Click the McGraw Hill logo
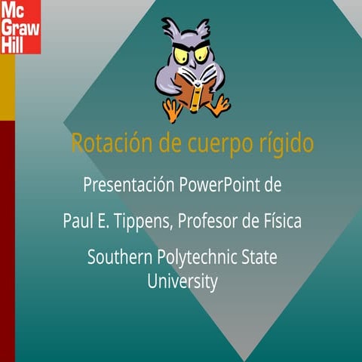tap(20, 28)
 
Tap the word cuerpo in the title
tap(209, 143)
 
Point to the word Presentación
tap(129, 184)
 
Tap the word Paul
tap(75, 222)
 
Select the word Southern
tap(119, 257)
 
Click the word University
tap(182, 283)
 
